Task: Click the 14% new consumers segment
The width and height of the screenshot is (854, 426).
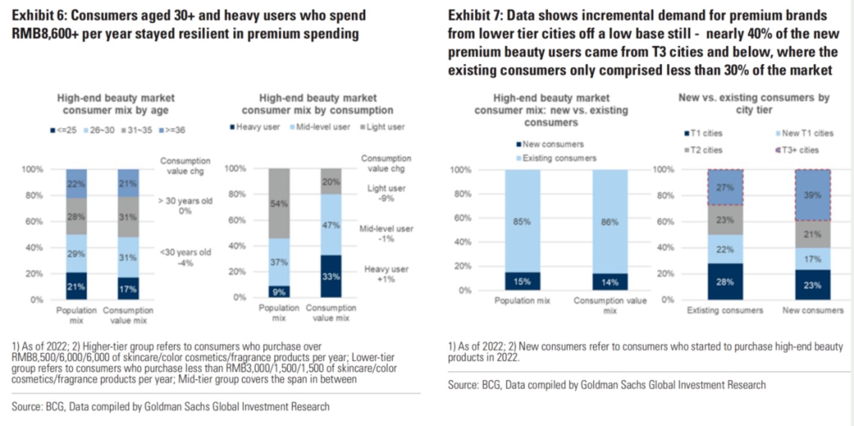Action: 609,282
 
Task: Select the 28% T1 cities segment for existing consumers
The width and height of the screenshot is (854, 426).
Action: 725,281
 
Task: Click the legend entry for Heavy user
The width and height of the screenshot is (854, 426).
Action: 255,127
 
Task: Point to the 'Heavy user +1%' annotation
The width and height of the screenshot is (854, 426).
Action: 387,274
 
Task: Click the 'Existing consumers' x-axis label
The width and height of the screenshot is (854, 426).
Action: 725,311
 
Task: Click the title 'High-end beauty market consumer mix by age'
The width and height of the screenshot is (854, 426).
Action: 116,104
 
